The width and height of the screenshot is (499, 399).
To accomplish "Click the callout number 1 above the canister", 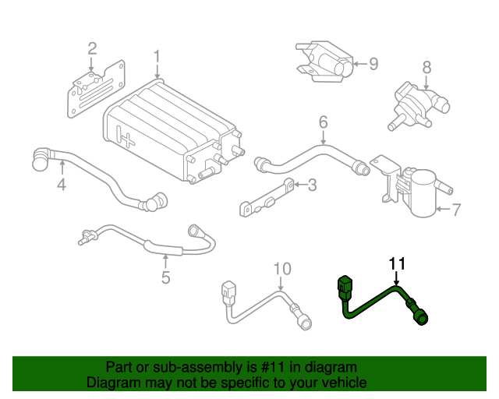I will click(x=157, y=57).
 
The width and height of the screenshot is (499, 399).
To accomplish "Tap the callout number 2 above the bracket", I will click(x=91, y=49).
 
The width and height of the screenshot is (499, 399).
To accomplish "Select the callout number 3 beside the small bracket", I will click(x=311, y=185).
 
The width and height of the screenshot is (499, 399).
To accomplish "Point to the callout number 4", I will click(x=61, y=185).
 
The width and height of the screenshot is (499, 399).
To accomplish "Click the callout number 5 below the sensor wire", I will click(x=165, y=277).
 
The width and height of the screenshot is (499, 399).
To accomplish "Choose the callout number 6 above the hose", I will click(x=323, y=122).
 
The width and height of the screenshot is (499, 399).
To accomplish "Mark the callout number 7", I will click(x=457, y=209).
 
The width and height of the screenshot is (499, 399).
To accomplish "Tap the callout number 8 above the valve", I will click(x=426, y=67).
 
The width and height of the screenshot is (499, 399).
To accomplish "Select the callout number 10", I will click(x=281, y=269).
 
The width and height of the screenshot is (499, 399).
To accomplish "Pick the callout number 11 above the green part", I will click(x=397, y=263).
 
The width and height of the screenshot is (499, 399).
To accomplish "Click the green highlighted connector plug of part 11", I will click(x=345, y=289).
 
